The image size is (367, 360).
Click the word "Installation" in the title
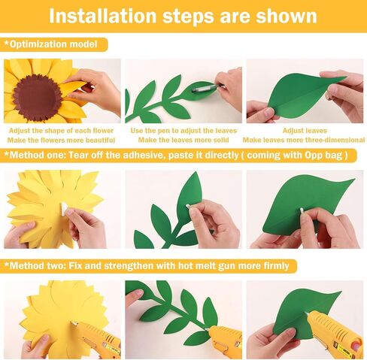pos(102,17)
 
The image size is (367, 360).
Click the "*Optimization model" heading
pos(50,44)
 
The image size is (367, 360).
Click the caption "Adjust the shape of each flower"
pos(61,131)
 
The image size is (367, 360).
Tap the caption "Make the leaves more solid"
pos(183,140)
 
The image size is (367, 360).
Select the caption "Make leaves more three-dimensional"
pos(304,140)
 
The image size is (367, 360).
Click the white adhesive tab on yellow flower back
pos(64,207)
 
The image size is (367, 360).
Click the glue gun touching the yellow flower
pos(97,338)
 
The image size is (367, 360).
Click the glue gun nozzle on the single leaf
pos(307,313)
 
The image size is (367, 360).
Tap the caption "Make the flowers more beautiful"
pos(61,140)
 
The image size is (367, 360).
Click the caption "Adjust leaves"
pos(305,131)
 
